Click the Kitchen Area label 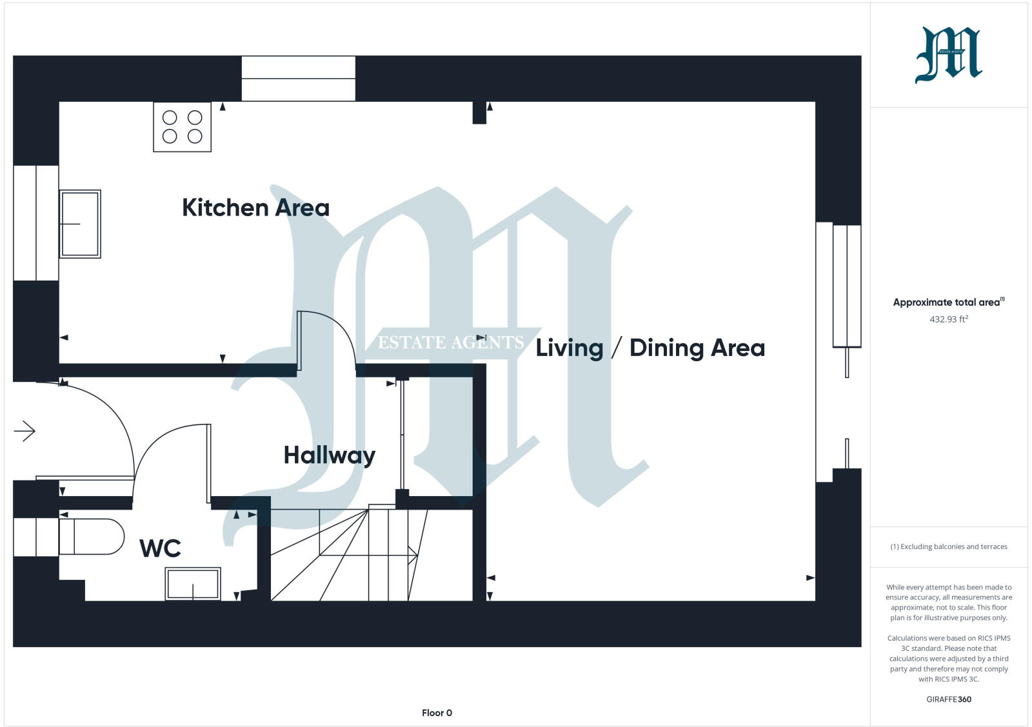[x=255, y=208]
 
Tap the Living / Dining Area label [x=650, y=348]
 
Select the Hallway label [x=329, y=455]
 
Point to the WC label [x=160, y=548]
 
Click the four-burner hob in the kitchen [x=182, y=127]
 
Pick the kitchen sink [x=80, y=224]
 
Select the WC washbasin [x=193, y=584]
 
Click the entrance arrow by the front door [x=25, y=431]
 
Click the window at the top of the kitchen [x=298, y=79]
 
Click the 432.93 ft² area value [x=948, y=319]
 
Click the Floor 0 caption [x=437, y=713]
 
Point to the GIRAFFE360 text [x=948, y=699]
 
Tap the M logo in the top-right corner [x=948, y=55]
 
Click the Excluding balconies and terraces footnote [x=948, y=546]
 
